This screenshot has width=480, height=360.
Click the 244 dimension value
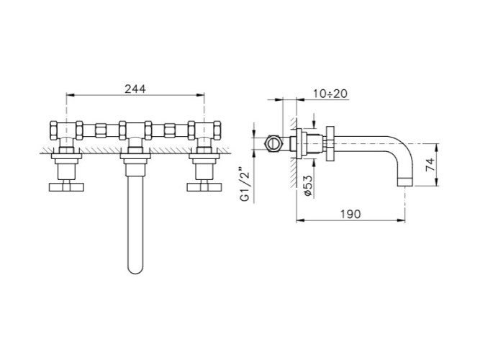pyautogui.click(x=135, y=89)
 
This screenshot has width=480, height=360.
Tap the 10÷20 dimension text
pyautogui.click(x=330, y=94)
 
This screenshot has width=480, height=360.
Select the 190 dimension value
pyautogui.click(x=350, y=214)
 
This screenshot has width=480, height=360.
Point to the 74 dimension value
pyautogui.click(x=430, y=165)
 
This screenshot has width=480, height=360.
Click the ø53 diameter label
pyautogui.click(x=308, y=186)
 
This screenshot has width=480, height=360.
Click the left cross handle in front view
pyautogui.click(x=66, y=187)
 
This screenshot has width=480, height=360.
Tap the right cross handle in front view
pyautogui.click(x=204, y=187)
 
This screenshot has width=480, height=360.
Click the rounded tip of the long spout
pyautogui.click(x=135, y=269)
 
